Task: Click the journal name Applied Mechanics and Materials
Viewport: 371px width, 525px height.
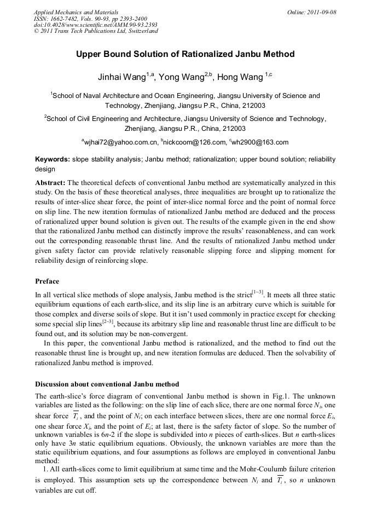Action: coord(76,12)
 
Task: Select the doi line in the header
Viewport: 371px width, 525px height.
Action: coord(96,25)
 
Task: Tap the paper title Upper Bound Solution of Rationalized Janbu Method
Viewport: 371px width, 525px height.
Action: coord(185,54)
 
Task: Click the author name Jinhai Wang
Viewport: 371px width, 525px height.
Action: coord(121,78)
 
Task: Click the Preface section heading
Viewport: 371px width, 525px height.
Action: coord(47,281)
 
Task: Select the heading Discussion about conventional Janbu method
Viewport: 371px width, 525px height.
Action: coord(107,384)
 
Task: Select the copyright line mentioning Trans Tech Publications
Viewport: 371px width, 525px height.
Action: coord(96,31)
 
